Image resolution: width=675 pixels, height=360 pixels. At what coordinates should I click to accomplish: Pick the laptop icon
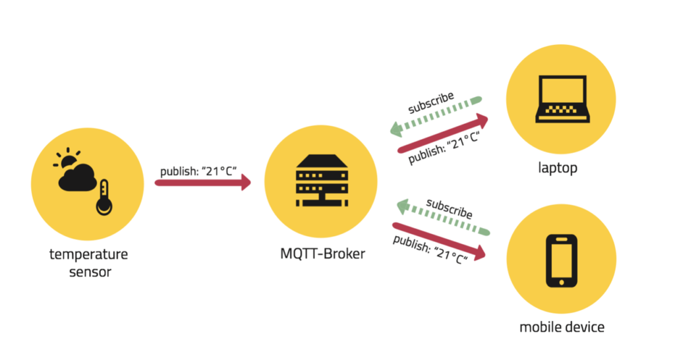point(562,99)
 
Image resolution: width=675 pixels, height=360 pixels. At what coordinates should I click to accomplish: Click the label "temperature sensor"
point(89,262)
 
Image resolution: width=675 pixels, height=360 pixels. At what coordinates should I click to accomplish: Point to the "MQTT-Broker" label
point(321,255)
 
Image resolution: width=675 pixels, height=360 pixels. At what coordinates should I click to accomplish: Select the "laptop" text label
point(558,168)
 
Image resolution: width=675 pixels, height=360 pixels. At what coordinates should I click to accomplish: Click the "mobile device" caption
point(562,326)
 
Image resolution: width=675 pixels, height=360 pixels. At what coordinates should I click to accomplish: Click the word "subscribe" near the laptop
point(430,102)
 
